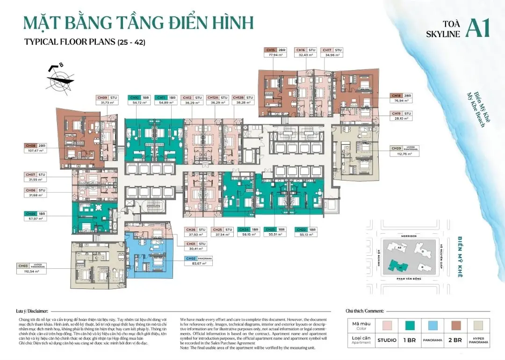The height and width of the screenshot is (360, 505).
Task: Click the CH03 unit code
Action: click(23, 266)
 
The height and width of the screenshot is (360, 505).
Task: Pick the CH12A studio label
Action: click(213, 98)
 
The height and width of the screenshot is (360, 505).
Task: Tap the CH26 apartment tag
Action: click(191, 230)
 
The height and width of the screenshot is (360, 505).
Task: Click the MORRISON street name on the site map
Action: click(409, 236)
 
